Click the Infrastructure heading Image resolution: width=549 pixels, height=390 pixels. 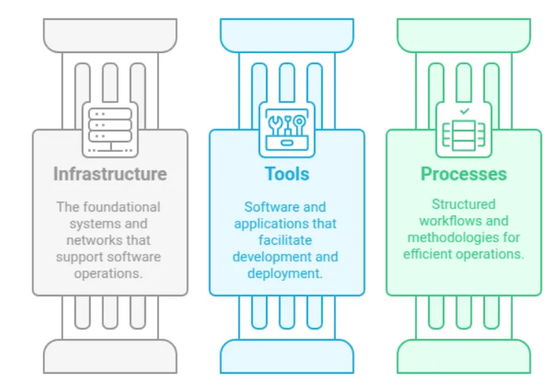tap(110, 174)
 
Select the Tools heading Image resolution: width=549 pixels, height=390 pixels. tap(287, 174)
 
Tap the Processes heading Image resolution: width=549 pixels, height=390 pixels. tap(464, 174)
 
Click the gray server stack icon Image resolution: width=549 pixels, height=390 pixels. tap(110, 128)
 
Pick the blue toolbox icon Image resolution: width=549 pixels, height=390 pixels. tap(287, 128)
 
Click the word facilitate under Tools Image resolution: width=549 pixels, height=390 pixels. tap(286, 240)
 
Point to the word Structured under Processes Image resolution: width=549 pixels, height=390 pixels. tap(464, 204)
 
